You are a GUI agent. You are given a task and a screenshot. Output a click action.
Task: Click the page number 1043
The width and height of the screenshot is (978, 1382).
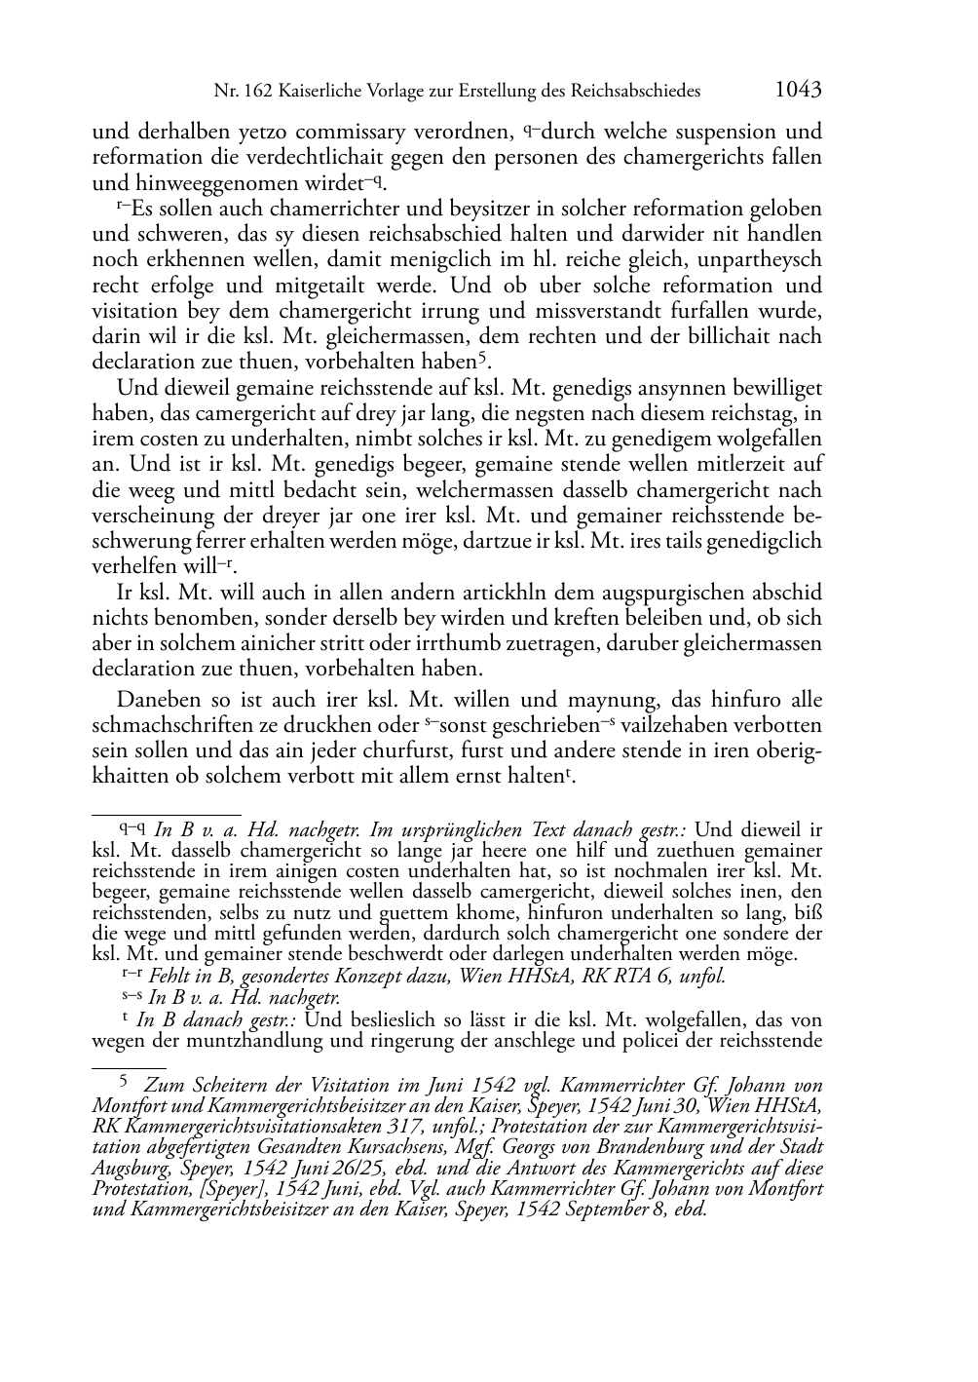click(798, 91)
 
